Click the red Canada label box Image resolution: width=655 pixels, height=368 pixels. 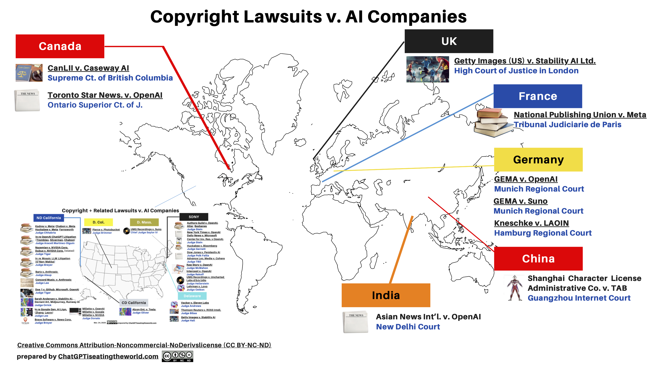coord(60,46)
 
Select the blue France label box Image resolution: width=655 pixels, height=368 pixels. coord(538,96)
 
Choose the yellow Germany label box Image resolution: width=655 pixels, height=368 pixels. coord(538,159)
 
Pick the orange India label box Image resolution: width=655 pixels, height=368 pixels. coord(386,295)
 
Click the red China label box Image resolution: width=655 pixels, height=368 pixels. coord(538,258)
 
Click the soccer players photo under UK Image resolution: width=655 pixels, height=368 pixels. coord(427,69)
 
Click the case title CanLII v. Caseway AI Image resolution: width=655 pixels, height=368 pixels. coord(88,68)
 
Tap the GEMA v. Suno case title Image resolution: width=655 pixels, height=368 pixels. coord(520,201)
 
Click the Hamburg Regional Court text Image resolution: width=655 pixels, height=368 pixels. coord(543,233)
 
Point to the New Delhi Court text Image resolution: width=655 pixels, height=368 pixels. coord(408,327)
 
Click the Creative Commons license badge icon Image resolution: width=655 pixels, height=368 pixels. coord(177,356)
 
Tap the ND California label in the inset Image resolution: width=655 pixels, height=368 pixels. coord(48,218)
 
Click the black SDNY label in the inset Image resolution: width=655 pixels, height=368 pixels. coord(194,217)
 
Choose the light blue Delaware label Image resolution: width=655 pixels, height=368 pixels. coord(192,296)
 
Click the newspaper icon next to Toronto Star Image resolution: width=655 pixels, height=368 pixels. coord(28,100)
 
